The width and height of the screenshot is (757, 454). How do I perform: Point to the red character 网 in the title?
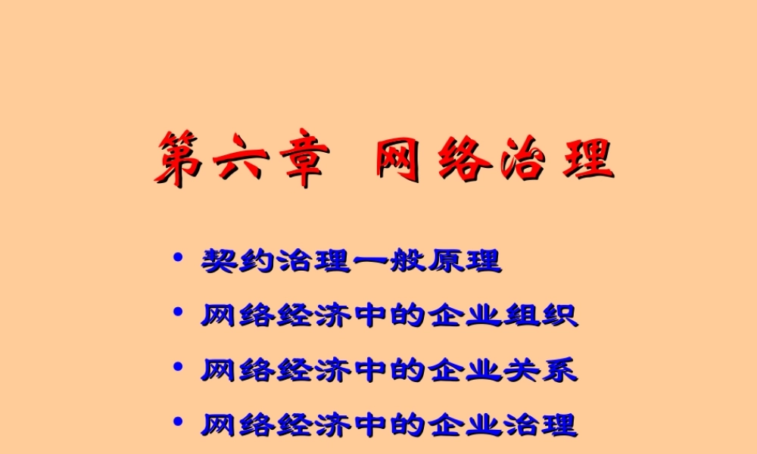click(399, 159)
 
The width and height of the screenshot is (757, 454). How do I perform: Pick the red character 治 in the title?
click(522, 159)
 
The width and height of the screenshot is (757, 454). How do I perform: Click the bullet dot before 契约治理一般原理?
click(179, 259)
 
